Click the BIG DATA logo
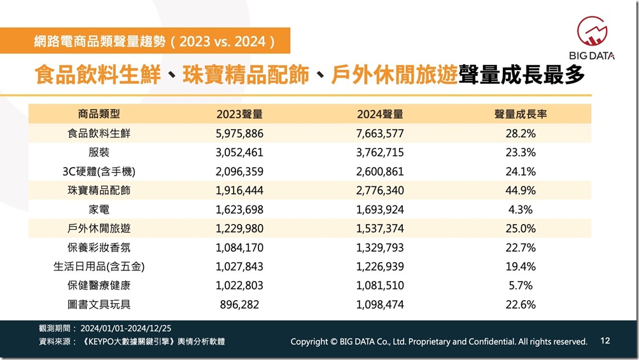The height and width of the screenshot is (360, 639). pyautogui.click(x=596, y=38)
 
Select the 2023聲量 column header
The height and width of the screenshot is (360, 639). pyautogui.click(x=239, y=114)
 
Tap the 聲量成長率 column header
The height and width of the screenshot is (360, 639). pyautogui.click(x=521, y=114)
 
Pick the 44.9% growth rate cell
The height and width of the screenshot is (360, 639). pyautogui.click(x=521, y=190)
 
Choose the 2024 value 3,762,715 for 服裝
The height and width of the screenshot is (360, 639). pyautogui.click(x=380, y=153)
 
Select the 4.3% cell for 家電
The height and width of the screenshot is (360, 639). pyautogui.click(x=521, y=209)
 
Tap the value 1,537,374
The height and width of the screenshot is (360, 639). pyautogui.click(x=380, y=228)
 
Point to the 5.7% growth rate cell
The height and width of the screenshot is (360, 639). pyautogui.click(x=521, y=286)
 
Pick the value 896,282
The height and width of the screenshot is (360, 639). pyautogui.click(x=239, y=305)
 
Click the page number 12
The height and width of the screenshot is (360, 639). pyautogui.click(x=605, y=341)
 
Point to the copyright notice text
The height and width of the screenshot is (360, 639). pyautogui.click(x=439, y=342)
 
